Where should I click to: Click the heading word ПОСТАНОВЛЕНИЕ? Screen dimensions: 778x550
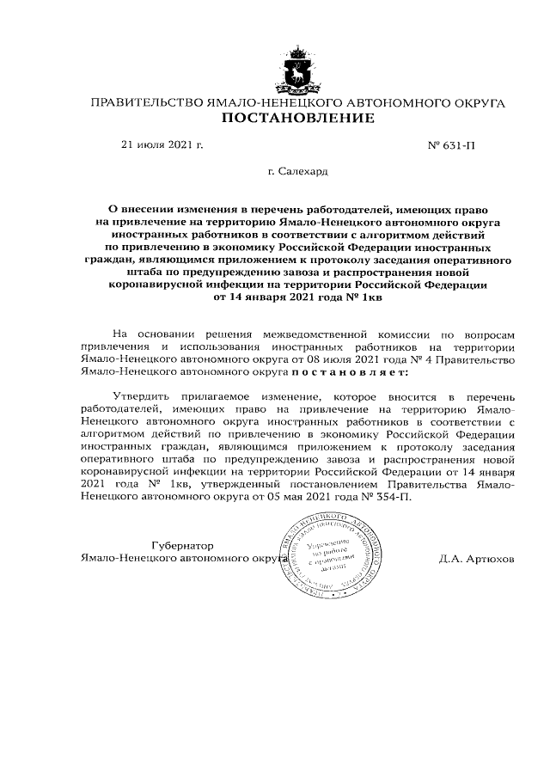[298, 118]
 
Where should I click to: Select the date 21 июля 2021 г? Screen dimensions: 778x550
[162, 144]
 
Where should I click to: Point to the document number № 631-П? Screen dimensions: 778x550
[450, 145]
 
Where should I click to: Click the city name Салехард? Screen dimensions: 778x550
[297, 173]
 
